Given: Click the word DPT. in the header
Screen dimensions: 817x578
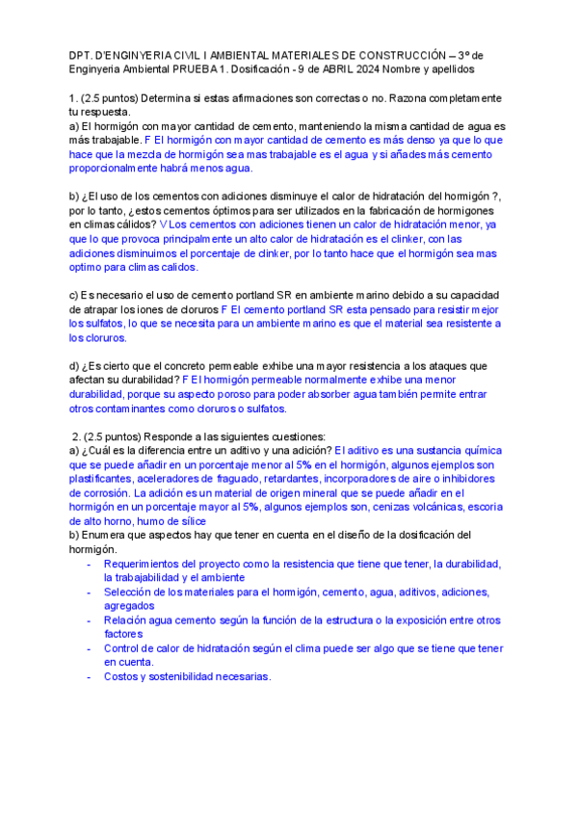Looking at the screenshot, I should [85, 55].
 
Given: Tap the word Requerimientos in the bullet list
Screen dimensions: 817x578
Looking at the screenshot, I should [146, 564].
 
